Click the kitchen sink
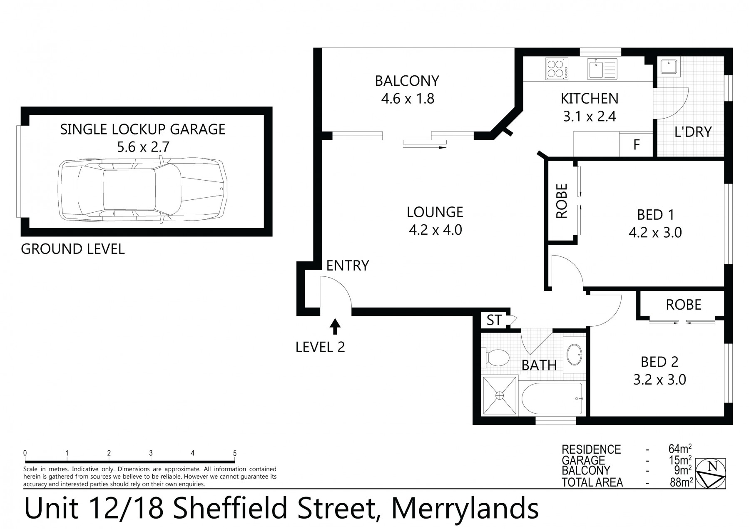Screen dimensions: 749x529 [x=602, y=69]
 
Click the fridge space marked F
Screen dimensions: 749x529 [x=636, y=144]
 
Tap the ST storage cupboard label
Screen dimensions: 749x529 [x=494, y=320]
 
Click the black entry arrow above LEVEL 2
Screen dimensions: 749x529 [x=335, y=327]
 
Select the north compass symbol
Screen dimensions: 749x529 [x=712, y=473]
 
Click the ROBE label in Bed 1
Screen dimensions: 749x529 [x=562, y=201]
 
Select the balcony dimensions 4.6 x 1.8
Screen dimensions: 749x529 [x=408, y=99]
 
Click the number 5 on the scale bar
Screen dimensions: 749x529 [x=235, y=453]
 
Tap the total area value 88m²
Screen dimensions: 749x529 [x=680, y=482]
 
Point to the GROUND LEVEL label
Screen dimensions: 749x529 [x=73, y=249]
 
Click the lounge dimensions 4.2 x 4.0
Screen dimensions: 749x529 [x=435, y=230]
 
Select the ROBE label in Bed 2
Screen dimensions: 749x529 [x=684, y=305]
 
